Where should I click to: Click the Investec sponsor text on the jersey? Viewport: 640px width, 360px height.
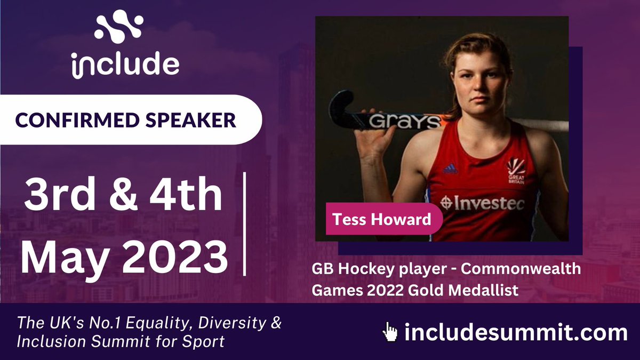(482, 203)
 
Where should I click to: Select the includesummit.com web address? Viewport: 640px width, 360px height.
(515, 333)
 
